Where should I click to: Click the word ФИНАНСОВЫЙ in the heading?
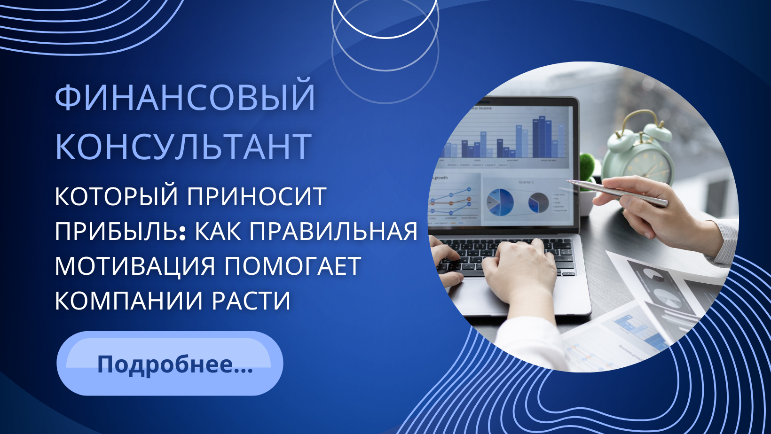185,97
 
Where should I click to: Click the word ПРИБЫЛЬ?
118,231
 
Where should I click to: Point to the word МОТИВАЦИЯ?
135,266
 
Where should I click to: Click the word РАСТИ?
251,301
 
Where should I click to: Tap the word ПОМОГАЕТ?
292,266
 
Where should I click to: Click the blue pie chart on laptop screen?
500,202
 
